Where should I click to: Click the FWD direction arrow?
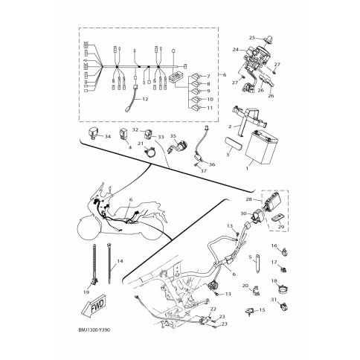coord(93,306)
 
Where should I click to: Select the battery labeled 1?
coord(262,148)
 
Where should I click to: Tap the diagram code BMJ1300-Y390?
coord(94,330)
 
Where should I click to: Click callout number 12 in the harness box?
coord(145,99)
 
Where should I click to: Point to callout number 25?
coord(252,38)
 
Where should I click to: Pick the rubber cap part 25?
coord(268,39)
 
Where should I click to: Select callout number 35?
coord(173,136)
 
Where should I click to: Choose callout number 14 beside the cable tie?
coord(120,261)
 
